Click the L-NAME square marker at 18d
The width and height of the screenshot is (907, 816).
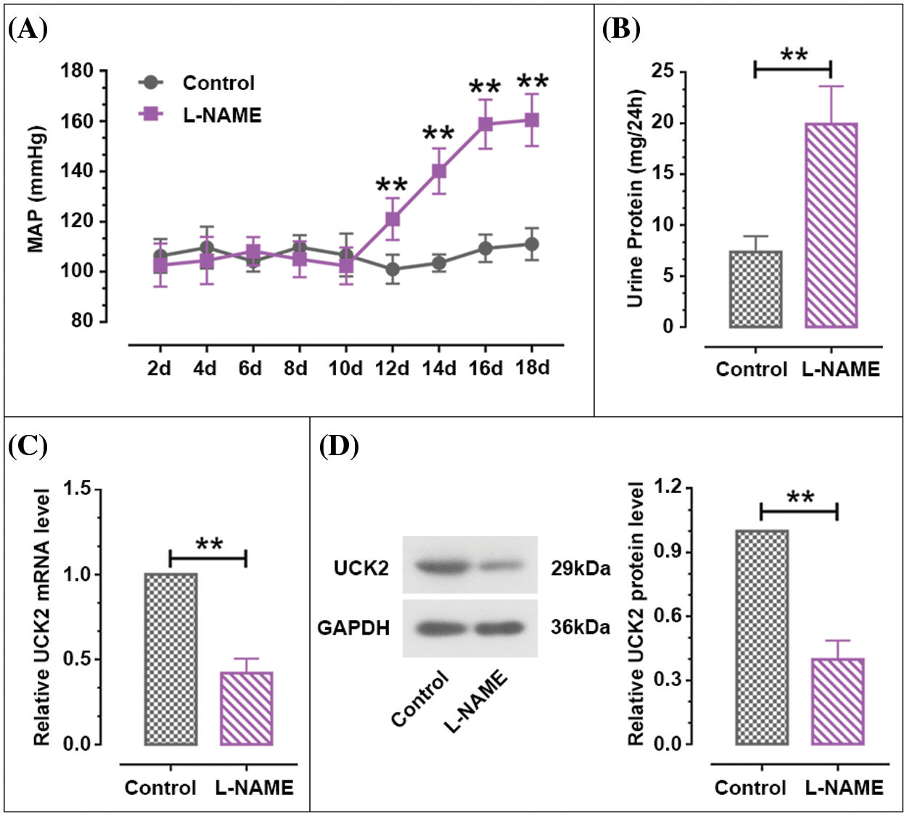coord(532,120)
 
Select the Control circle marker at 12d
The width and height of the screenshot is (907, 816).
coord(393,269)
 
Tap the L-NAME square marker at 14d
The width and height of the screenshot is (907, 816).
coord(439,171)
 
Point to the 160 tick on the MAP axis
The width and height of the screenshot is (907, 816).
coord(77,121)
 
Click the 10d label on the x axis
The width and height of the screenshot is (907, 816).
coord(345,369)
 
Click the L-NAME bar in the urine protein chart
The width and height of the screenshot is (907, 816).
coord(831,225)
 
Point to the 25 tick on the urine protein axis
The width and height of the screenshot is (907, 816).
coord(662,71)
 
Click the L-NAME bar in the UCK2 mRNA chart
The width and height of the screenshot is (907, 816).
coord(246,709)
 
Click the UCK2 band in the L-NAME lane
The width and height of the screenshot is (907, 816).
coord(499,565)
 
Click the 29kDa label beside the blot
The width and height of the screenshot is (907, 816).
coord(580,568)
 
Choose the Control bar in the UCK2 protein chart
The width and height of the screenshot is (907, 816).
coord(761,637)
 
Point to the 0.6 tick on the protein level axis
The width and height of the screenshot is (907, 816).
coord(667,616)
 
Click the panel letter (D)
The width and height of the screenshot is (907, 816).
coord(339,446)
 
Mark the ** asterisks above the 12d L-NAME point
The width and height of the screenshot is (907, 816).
coord(392,185)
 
